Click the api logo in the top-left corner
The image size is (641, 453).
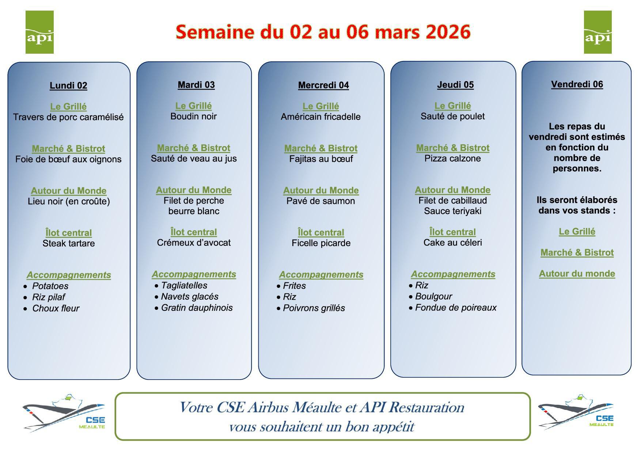click(x=39, y=32)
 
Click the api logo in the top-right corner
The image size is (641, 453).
click(x=598, y=32)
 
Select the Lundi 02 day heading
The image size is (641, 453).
click(x=68, y=86)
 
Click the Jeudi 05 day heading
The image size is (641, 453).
click(x=455, y=85)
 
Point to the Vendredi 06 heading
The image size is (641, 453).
click(x=577, y=84)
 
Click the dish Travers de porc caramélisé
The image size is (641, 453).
click(x=68, y=117)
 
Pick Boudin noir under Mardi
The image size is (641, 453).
click(x=194, y=117)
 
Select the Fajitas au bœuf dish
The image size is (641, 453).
click(x=321, y=159)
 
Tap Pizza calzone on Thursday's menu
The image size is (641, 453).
click(x=452, y=159)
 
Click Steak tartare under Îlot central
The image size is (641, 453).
click(x=69, y=243)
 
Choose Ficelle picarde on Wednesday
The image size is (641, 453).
click(x=321, y=243)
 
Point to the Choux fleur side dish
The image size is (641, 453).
click(x=56, y=308)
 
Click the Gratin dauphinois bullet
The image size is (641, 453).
click(x=197, y=308)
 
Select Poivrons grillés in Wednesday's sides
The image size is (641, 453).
click(x=314, y=308)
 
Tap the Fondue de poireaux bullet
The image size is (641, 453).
click(x=456, y=308)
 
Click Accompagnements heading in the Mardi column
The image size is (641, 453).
click(x=194, y=274)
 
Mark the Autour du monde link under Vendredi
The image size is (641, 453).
click(x=577, y=274)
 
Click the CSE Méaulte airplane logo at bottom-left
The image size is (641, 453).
click(x=64, y=413)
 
